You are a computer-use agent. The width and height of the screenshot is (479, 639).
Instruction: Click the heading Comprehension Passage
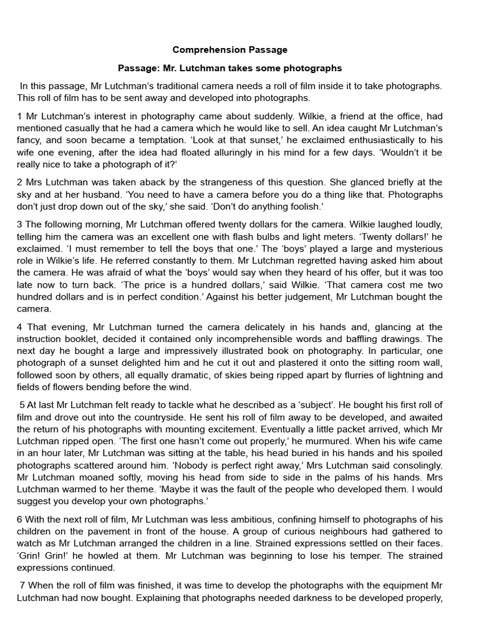pos(230,49)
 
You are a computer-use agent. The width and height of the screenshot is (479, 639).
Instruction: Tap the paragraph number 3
pos(20,224)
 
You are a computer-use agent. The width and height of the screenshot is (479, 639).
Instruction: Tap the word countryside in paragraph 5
pos(191,417)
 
